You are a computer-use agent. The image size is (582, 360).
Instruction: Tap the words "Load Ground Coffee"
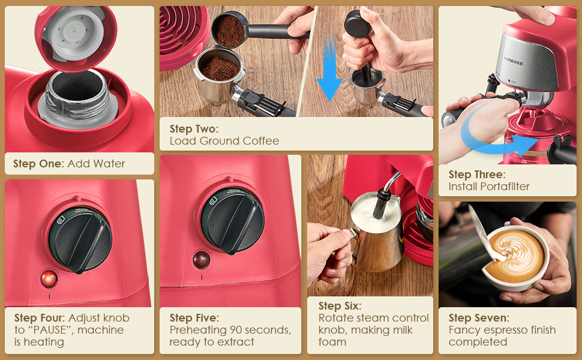coord(224,141)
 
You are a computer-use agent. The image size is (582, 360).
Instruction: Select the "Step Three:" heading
coord(477,175)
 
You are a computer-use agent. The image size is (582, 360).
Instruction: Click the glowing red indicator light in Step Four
coord(48,278)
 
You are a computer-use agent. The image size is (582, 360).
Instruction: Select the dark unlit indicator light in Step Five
coord(200,260)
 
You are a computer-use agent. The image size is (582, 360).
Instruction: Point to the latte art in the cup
coord(515,256)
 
